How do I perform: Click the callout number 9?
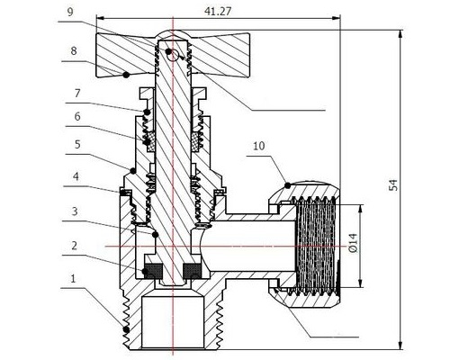[x=70, y=13]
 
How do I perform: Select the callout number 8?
[x=74, y=51]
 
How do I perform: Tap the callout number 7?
[x=77, y=94]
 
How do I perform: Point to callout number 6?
[x=77, y=116]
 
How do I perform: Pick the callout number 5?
[x=77, y=145]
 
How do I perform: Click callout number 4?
[x=76, y=176]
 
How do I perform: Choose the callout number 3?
[x=75, y=211]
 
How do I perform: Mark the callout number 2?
[x=74, y=246]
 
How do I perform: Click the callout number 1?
[x=73, y=279]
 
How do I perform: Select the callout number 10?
[x=259, y=146]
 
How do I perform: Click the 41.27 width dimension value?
[x=218, y=11]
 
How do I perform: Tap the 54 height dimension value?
[x=393, y=184]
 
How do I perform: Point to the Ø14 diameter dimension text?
[x=354, y=243]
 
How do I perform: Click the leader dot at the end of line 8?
[x=127, y=75]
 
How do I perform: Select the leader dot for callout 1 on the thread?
[x=126, y=329]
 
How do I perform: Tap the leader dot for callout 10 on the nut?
[x=287, y=185]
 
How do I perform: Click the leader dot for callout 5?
[x=132, y=171]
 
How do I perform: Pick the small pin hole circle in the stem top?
[x=173, y=55]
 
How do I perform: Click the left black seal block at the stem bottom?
[x=154, y=271]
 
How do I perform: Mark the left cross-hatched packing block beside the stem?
[x=150, y=141]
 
